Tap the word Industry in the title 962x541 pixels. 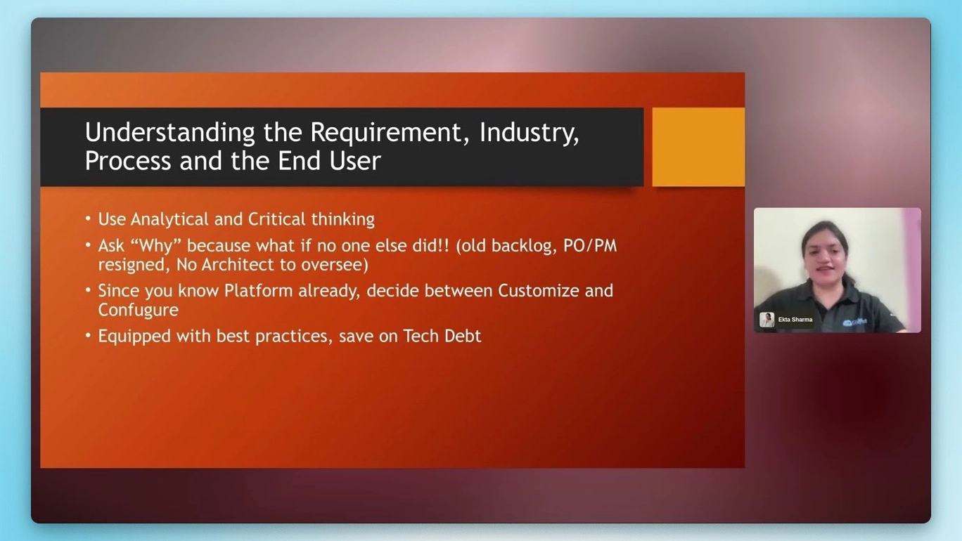tap(529, 133)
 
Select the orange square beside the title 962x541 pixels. tap(698, 147)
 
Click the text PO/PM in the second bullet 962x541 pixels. tap(590, 247)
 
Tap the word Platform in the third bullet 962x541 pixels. tap(258, 291)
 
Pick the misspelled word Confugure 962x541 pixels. tap(138, 310)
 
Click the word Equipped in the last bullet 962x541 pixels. tap(131, 337)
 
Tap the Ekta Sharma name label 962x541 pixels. tap(795, 320)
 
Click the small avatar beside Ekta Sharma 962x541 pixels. tap(767, 320)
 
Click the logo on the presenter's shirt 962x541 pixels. tap(855, 322)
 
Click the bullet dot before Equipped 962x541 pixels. tap(89, 336)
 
